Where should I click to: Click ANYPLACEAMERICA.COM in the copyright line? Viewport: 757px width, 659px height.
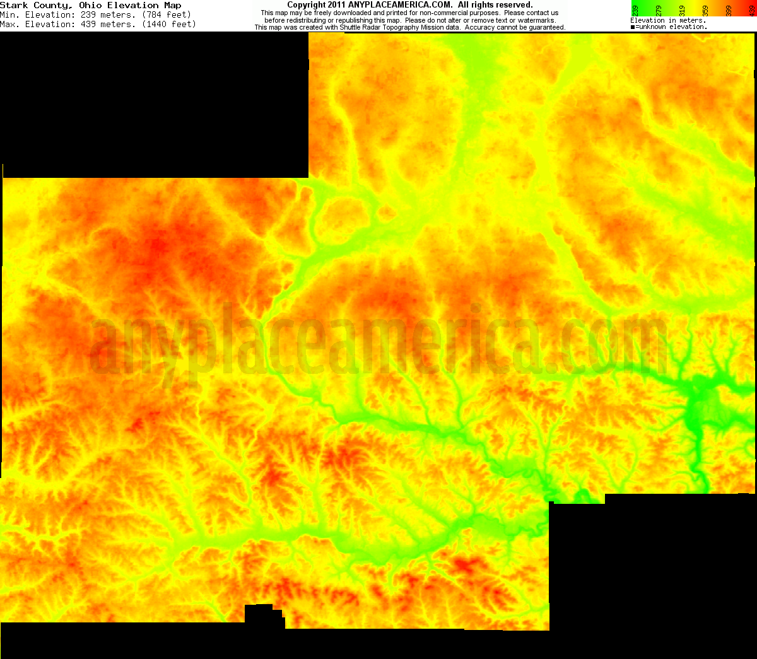click(x=400, y=5)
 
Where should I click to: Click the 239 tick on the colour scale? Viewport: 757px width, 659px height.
click(x=635, y=10)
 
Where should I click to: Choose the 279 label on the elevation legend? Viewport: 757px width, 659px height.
click(x=659, y=10)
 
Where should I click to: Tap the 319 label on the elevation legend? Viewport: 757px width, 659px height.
click(x=682, y=10)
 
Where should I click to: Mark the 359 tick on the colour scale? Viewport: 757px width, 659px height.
click(x=705, y=10)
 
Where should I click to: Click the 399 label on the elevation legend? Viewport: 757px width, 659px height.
click(x=729, y=10)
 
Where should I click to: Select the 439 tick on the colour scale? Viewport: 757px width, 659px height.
click(x=752, y=10)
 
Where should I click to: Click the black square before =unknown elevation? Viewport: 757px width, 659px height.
click(x=633, y=27)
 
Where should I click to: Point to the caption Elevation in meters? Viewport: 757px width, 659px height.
click(x=667, y=21)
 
